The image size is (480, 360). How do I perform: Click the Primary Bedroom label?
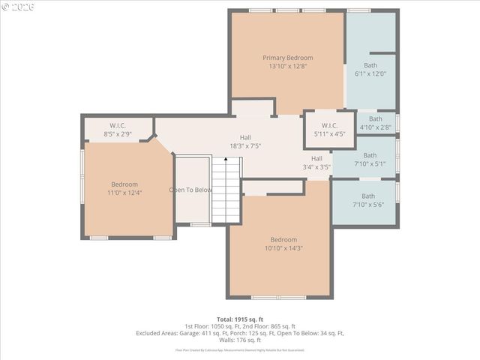(287, 58)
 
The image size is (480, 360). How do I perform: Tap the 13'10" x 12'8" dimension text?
(287, 66)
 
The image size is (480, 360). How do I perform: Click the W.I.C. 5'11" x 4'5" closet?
(329, 130)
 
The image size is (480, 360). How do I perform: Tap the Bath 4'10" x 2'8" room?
(375, 123)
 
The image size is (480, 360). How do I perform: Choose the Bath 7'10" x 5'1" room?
(370, 159)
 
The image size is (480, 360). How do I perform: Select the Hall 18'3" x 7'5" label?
(245, 142)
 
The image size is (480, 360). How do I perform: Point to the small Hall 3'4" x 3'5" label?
(316, 163)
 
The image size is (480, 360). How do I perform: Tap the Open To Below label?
(190, 190)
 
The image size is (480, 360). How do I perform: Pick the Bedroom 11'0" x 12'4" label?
(124, 188)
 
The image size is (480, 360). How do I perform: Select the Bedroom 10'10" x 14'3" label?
(283, 244)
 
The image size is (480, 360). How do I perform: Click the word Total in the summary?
(226, 319)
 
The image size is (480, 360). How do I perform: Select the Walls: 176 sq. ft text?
(239, 340)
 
